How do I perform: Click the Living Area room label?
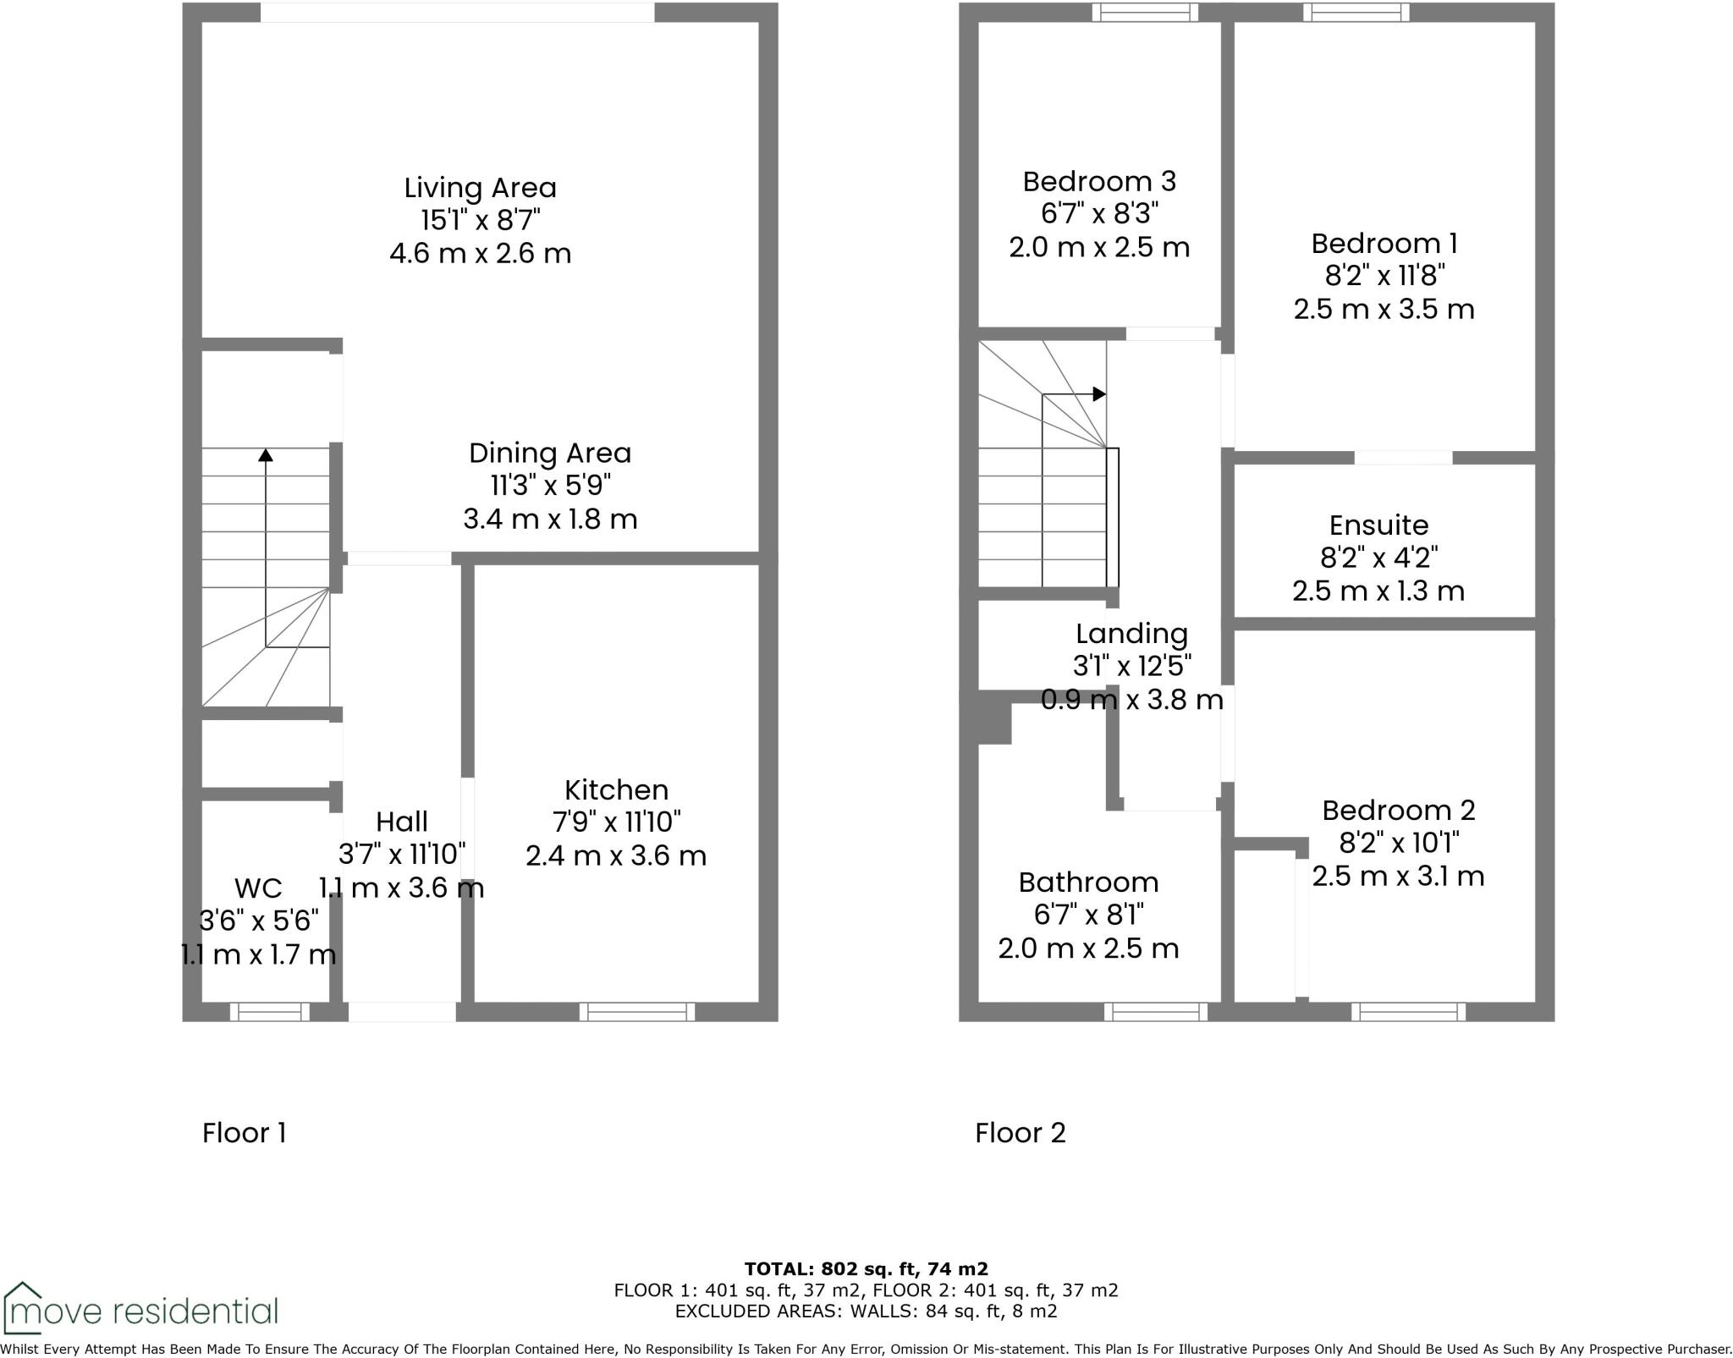pyautogui.click(x=480, y=188)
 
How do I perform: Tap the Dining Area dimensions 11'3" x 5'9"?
pyautogui.click(x=550, y=486)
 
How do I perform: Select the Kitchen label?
pyautogui.click(x=616, y=789)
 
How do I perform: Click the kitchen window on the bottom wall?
pyautogui.click(x=637, y=1011)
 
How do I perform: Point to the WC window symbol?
pyautogui.click(x=270, y=1011)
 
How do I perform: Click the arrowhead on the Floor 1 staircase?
pyautogui.click(x=266, y=455)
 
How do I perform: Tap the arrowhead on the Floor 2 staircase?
pyautogui.click(x=1099, y=394)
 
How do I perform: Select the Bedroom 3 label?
pyautogui.click(x=1099, y=181)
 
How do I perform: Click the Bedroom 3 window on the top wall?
pyautogui.click(x=1145, y=12)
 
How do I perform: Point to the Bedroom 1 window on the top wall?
pyautogui.click(x=1356, y=12)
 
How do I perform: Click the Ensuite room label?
pyautogui.click(x=1378, y=525)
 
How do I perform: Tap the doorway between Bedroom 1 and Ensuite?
pyautogui.click(x=1403, y=458)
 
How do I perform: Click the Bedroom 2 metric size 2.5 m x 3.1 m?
pyautogui.click(x=1398, y=876)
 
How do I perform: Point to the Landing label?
pyautogui.click(x=1131, y=634)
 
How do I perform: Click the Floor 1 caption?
pyautogui.click(x=245, y=1133)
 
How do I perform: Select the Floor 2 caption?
pyautogui.click(x=1020, y=1133)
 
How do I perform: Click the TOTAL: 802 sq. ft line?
pyautogui.click(x=866, y=1269)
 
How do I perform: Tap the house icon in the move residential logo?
pyautogui.click(x=22, y=1308)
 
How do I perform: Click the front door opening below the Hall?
pyautogui.click(x=402, y=1011)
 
